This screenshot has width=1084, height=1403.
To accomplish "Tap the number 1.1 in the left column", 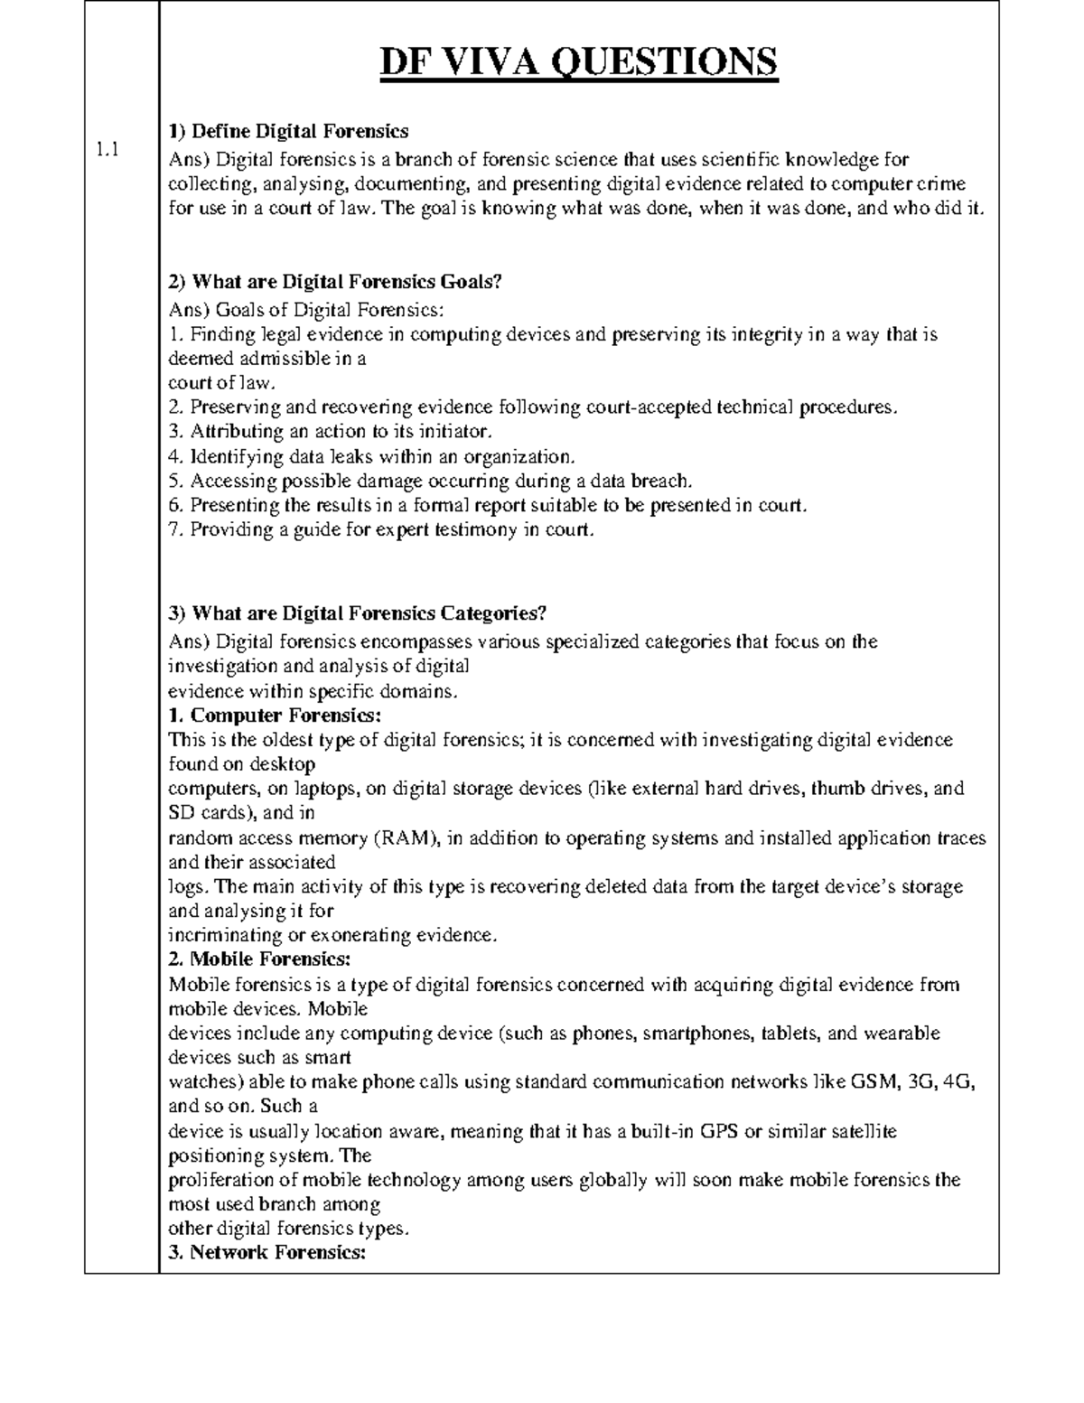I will pos(108,152).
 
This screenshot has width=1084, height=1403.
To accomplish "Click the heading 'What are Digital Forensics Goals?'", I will pos(334,282).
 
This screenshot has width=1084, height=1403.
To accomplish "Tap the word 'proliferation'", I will pos(220,1180).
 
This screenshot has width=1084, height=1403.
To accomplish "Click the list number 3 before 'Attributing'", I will pos(175,432).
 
